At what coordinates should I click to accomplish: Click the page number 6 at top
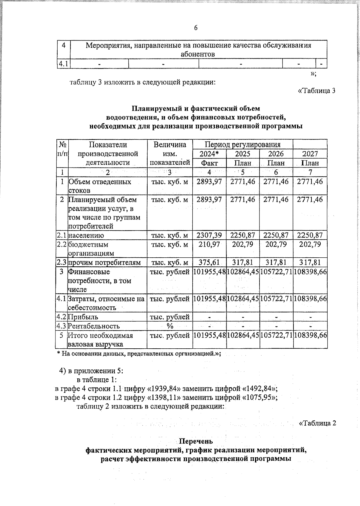[x=196, y=28]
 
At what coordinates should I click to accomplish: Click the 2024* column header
[x=209, y=154]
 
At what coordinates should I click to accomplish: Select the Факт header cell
[x=209, y=163]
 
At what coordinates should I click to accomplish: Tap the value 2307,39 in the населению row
[x=209, y=235]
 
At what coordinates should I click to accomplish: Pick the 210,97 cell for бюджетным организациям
[x=209, y=244]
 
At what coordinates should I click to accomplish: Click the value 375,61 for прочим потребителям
[x=209, y=262]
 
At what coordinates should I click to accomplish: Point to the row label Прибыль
[x=83, y=317]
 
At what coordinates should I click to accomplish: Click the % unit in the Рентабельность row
[x=170, y=326]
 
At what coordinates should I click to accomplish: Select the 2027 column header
[x=310, y=154]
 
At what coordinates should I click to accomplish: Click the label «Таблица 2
[x=317, y=423]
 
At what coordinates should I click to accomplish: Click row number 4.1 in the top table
[x=63, y=64]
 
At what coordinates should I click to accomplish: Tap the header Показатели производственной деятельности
[x=108, y=154]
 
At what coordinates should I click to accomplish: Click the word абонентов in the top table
[x=198, y=54]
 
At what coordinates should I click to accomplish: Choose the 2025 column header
[x=243, y=154]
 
